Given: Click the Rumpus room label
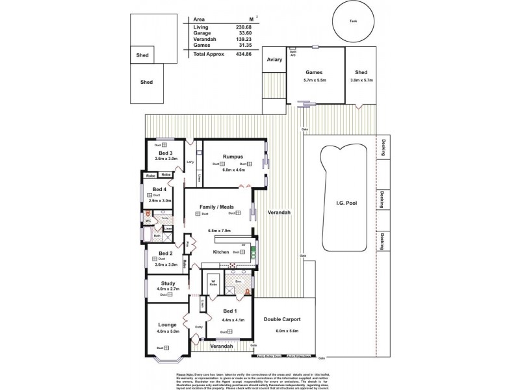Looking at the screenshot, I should (x=232, y=156).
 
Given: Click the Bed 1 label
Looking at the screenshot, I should (x=231, y=310).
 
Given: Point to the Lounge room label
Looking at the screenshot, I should (x=167, y=324).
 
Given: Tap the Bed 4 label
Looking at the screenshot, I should (x=159, y=189).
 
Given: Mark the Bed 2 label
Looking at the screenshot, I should (x=166, y=253).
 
